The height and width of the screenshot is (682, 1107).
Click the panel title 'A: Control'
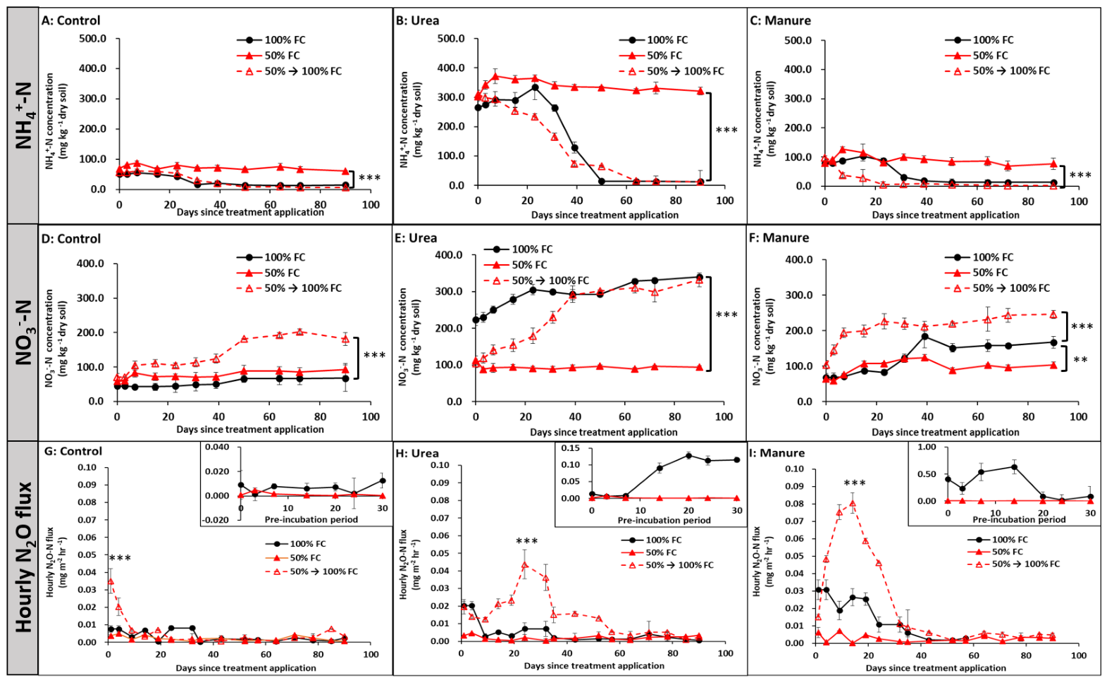click(x=71, y=20)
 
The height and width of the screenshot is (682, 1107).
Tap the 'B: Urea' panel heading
click(x=418, y=20)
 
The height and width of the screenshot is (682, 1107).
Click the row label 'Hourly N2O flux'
click(x=23, y=557)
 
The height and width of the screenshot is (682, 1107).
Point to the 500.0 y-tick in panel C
click(x=798, y=40)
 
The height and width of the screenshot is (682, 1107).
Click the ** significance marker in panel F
click(x=1080, y=359)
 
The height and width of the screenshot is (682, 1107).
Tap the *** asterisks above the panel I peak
click(x=855, y=483)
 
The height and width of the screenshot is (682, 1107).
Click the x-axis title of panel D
click(x=250, y=429)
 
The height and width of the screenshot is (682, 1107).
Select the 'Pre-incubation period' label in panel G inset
click(x=311, y=519)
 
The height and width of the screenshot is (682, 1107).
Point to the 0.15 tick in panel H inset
click(x=570, y=448)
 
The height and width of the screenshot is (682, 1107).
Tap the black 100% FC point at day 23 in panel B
click(x=535, y=87)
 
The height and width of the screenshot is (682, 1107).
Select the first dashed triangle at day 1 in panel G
click(x=111, y=581)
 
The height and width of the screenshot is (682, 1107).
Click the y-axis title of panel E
click(x=409, y=337)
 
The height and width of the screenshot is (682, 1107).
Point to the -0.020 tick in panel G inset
click(x=216, y=520)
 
